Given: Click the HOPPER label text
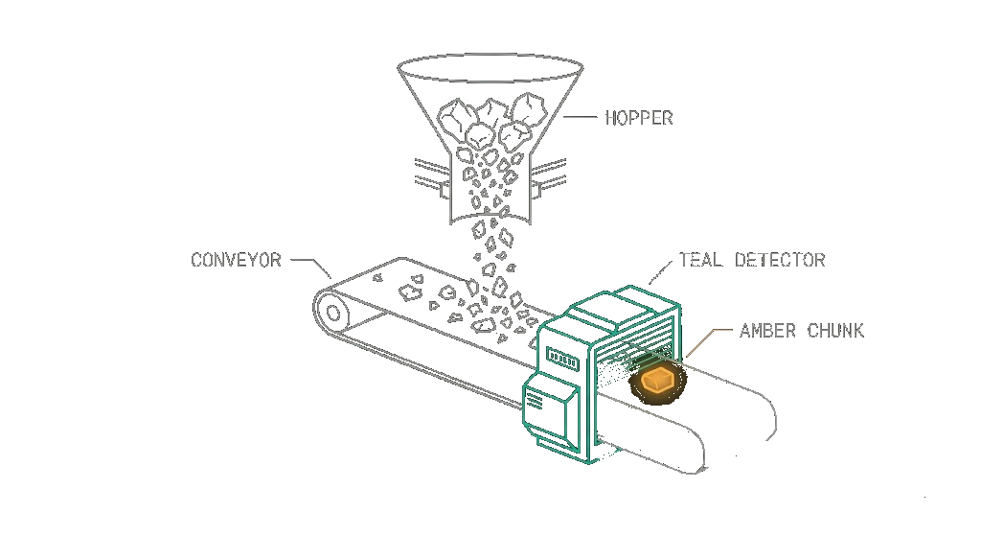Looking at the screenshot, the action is pyautogui.click(x=639, y=118).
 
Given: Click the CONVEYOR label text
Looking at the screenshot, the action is pyautogui.click(x=237, y=260).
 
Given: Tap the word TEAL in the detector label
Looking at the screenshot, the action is pyautogui.click(x=700, y=259).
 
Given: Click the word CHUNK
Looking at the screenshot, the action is pyautogui.click(x=835, y=330).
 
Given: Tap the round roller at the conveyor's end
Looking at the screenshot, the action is pyautogui.click(x=332, y=313).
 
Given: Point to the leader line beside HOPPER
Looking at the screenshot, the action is pyautogui.click(x=580, y=117).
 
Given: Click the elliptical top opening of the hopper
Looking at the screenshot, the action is pyautogui.click(x=491, y=68).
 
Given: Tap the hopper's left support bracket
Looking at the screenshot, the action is pyautogui.click(x=432, y=176).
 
